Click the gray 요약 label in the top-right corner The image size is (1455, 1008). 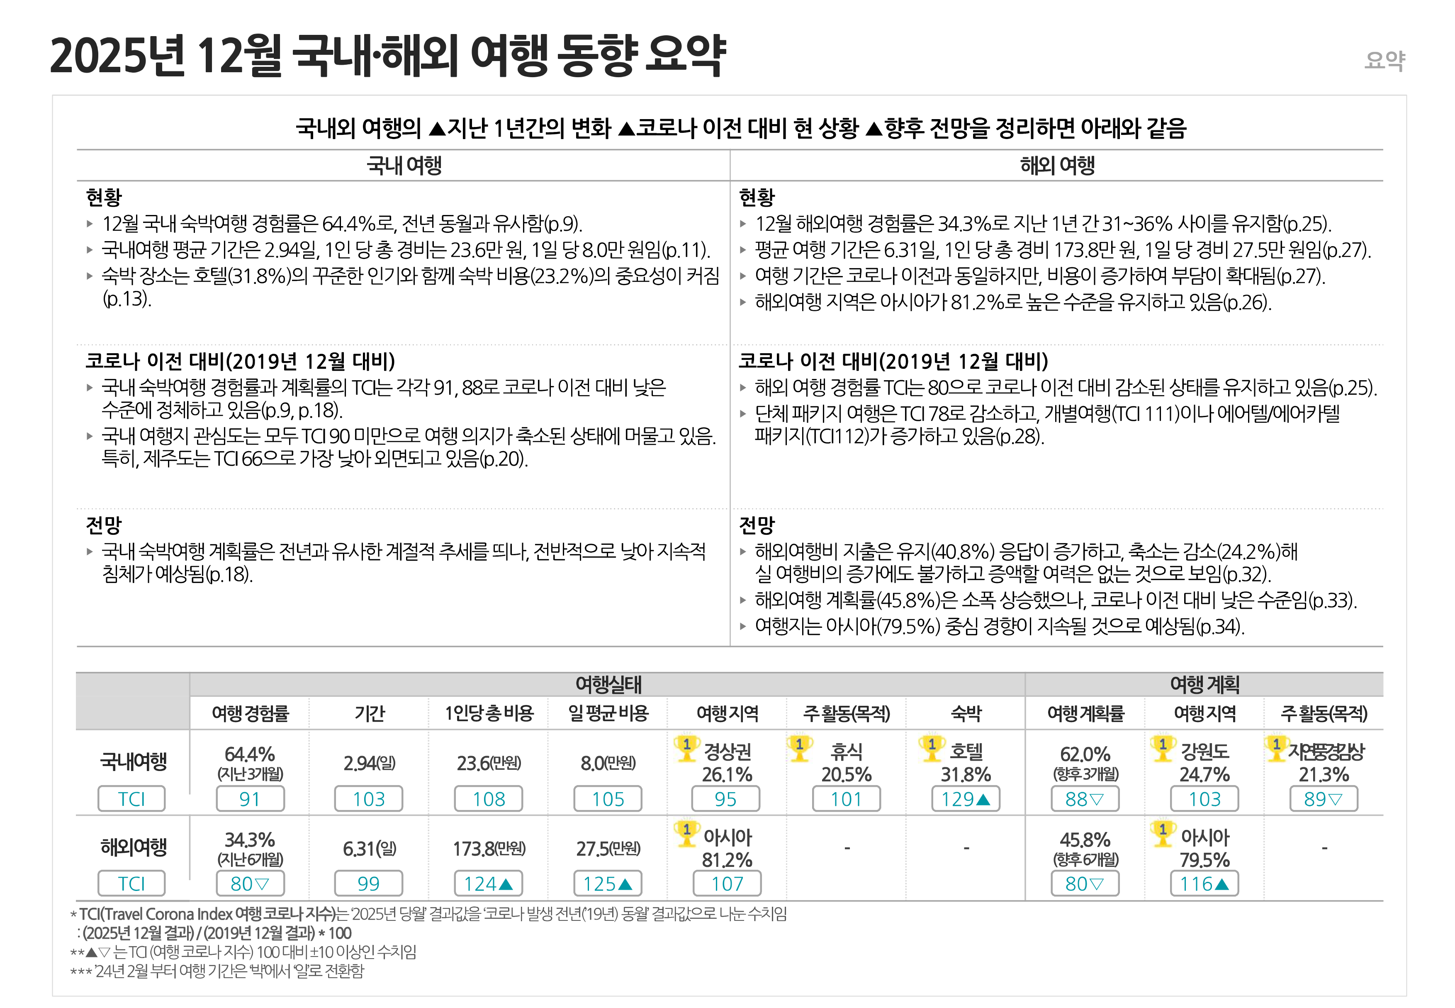(1384, 61)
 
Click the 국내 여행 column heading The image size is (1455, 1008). (404, 166)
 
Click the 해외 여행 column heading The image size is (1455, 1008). (1057, 166)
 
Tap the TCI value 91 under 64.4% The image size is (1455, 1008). (250, 799)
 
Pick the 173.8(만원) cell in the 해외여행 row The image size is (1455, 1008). (489, 848)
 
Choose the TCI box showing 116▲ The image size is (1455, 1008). (1204, 884)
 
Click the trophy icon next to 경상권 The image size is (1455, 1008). (687, 748)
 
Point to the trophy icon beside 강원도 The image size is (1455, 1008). (1163, 748)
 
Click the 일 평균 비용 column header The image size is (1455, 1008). (608, 714)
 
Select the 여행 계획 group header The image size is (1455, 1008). (1204, 684)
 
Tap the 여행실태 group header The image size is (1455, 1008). (608, 684)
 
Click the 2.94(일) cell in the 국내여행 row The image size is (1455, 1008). (369, 763)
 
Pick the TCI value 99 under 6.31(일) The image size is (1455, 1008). (369, 884)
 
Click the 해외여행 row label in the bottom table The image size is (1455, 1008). (133, 847)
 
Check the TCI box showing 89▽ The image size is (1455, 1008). (1323, 799)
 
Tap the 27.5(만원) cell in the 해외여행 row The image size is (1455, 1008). (608, 848)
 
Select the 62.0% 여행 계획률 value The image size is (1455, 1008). (1085, 754)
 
